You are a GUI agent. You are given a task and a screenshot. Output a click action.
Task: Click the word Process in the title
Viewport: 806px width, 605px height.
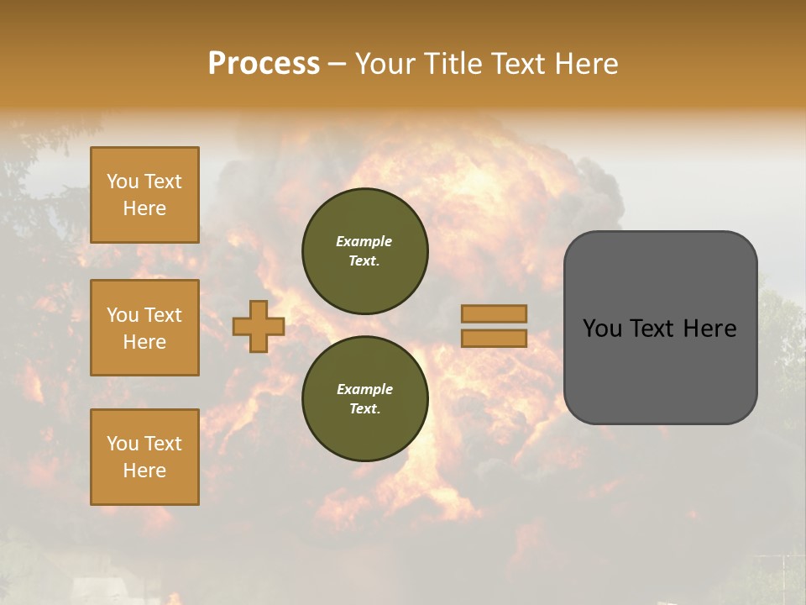(264, 64)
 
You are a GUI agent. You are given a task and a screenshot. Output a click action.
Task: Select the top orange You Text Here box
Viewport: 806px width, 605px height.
(144, 195)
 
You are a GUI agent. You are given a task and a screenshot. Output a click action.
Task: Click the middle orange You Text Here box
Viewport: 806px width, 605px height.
(144, 328)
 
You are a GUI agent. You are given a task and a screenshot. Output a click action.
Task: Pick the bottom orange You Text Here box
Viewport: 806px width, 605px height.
(144, 457)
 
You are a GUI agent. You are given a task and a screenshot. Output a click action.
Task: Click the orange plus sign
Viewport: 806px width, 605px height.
(259, 326)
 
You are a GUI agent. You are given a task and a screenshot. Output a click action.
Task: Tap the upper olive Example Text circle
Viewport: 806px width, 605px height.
(365, 251)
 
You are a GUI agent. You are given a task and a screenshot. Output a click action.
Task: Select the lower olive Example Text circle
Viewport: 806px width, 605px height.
(365, 398)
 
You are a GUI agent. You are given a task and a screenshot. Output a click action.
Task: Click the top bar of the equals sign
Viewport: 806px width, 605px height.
(494, 313)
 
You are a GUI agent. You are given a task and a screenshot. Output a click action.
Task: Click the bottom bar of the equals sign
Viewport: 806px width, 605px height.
(494, 338)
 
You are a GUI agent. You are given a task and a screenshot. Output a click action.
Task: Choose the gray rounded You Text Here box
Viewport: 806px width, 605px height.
(660, 328)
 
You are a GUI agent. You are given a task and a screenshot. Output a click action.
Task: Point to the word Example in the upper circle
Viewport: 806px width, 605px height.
(364, 241)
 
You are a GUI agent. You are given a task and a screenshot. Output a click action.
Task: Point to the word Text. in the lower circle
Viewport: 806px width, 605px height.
(364, 409)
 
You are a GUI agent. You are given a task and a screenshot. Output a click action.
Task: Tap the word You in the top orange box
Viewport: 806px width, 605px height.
(123, 181)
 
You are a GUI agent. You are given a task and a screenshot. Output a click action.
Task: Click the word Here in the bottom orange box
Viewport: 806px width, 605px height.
(144, 471)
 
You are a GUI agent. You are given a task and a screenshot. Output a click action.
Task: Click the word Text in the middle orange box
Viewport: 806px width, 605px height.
(163, 315)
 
